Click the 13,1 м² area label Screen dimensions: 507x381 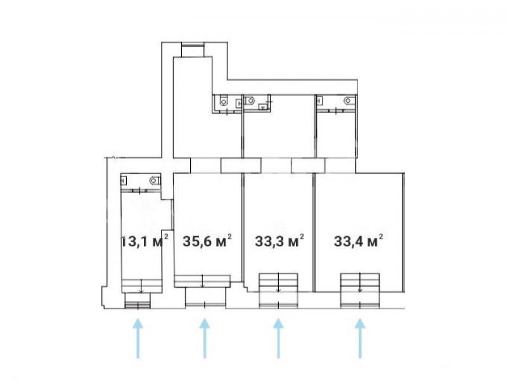144,241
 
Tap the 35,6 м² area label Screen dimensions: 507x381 207,241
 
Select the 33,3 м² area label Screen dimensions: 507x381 279,241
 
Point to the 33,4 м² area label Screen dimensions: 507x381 359,241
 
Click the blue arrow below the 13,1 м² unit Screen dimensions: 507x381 138,338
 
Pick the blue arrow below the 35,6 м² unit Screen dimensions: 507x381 204,338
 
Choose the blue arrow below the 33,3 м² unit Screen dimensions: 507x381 278,338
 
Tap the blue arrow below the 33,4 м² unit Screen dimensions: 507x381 360,338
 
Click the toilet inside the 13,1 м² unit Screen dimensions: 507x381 155,180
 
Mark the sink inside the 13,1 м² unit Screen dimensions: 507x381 124,180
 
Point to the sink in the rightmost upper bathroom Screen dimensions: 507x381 319,100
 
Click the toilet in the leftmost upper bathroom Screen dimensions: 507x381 224,101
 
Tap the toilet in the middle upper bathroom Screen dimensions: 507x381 250,101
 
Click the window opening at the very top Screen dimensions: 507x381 193,50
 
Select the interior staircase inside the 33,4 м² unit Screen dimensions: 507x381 360,283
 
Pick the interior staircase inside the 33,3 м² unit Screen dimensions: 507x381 278,283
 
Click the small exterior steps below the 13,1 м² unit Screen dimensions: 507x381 138,305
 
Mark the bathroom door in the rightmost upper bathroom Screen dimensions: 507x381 337,110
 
